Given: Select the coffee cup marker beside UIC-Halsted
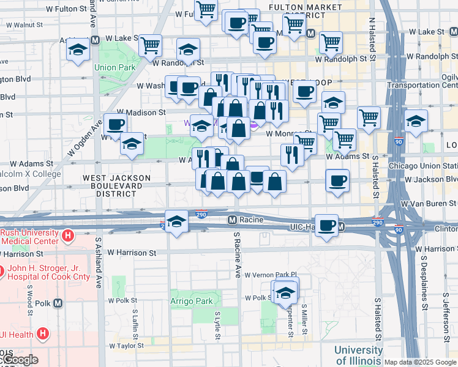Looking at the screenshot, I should click(326, 226).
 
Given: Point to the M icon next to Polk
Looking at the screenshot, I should click(58, 303).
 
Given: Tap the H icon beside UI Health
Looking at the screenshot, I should click(42, 333).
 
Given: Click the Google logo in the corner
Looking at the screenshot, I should click(20, 360).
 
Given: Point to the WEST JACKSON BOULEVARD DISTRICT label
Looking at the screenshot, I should click(116, 185).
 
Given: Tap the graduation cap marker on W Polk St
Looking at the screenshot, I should click(285, 293).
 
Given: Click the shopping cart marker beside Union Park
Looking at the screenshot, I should click(150, 46).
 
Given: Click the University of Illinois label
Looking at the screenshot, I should click(358, 355).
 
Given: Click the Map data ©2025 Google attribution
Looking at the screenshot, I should click(420, 362).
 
